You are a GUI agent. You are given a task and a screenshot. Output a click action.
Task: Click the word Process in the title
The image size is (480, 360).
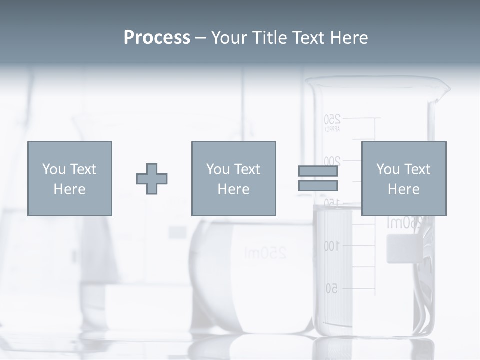157,38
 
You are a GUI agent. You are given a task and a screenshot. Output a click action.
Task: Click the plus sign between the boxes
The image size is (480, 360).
152,179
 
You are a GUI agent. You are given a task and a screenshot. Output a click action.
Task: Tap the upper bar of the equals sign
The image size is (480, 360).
318,171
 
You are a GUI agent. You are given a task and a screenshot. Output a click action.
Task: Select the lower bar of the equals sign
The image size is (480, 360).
318,185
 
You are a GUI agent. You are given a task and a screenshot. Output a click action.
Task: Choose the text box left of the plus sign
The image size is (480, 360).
70,178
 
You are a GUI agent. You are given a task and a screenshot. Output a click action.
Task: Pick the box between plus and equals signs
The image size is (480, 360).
233,178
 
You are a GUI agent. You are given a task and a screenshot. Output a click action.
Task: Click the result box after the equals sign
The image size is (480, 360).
403,178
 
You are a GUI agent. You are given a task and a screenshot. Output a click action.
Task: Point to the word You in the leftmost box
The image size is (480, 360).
53,169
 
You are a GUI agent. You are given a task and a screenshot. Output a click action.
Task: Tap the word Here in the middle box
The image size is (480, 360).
233,189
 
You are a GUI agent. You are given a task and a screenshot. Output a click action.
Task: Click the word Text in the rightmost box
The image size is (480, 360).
417,169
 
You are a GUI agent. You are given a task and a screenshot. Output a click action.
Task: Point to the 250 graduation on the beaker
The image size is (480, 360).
332,119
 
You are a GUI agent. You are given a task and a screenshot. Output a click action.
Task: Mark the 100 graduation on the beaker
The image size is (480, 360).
331,246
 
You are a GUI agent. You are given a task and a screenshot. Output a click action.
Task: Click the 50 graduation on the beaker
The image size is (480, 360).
332,288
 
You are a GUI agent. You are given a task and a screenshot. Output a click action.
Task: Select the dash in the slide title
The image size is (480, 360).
201,38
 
